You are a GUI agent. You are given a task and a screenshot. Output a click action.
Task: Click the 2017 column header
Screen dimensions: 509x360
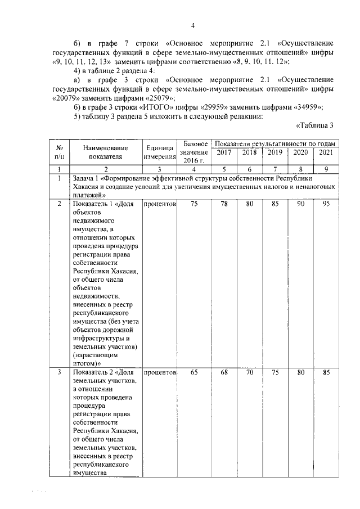[x=223, y=153]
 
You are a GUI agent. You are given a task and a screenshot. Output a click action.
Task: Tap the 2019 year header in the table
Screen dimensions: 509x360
[x=274, y=153]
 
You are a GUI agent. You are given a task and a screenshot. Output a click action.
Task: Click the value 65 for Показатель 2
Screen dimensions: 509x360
[x=194, y=372]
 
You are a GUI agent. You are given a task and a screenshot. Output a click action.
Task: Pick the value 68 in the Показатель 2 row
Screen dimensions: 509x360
[x=223, y=372]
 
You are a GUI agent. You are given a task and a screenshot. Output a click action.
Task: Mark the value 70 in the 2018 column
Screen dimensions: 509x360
[x=249, y=372]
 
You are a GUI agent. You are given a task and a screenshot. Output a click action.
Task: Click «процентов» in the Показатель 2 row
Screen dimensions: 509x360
[x=160, y=372]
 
